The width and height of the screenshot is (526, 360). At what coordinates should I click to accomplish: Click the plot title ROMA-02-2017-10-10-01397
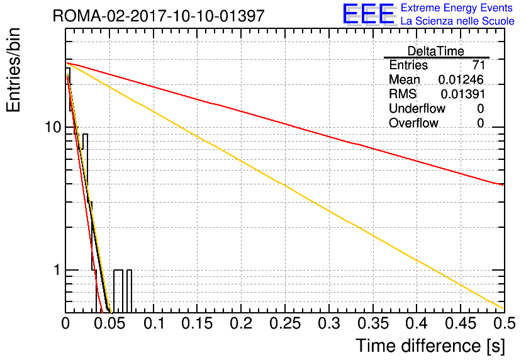159,16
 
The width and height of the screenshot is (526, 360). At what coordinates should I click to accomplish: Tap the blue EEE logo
369,14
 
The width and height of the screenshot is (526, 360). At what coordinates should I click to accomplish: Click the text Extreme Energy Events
457,8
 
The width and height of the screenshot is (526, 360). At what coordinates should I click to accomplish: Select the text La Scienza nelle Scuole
457,21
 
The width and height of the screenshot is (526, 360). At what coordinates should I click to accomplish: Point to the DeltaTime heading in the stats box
436,51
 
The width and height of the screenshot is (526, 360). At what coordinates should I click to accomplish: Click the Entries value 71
478,65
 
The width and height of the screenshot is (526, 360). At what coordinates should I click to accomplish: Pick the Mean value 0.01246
461,79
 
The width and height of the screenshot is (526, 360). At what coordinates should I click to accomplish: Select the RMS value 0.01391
463,94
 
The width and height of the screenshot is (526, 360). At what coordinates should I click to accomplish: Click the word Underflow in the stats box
417,108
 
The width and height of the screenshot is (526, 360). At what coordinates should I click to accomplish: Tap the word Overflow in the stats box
413,123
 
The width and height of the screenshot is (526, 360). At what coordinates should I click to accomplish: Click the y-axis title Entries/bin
13,70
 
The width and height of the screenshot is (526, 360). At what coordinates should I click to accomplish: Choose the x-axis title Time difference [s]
430,346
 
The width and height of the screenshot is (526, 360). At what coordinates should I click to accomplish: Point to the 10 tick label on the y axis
53,128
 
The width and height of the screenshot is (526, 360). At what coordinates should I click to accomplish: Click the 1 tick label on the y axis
57,270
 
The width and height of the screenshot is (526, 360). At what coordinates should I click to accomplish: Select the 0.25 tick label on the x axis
285,323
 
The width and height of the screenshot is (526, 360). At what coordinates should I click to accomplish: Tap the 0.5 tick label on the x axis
504,323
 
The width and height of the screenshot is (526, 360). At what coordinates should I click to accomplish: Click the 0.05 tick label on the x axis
109,323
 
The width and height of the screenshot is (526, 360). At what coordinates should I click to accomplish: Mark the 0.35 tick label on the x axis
372,323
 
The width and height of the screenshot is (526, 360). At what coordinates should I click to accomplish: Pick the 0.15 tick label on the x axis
198,323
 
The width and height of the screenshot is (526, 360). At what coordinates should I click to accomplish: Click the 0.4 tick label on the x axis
417,323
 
